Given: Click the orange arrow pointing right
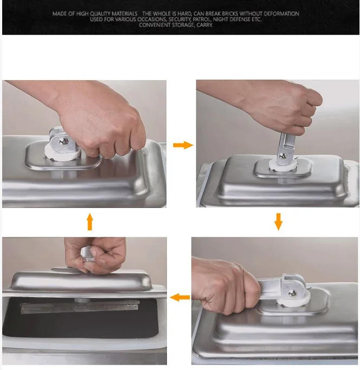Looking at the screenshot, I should (183, 145).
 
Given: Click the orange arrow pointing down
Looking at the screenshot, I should (278, 221).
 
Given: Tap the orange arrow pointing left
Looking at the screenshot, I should (181, 297).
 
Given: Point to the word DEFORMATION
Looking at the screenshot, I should (278, 14).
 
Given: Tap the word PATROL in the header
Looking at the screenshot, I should (198, 20).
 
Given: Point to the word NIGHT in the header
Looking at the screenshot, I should (222, 20).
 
